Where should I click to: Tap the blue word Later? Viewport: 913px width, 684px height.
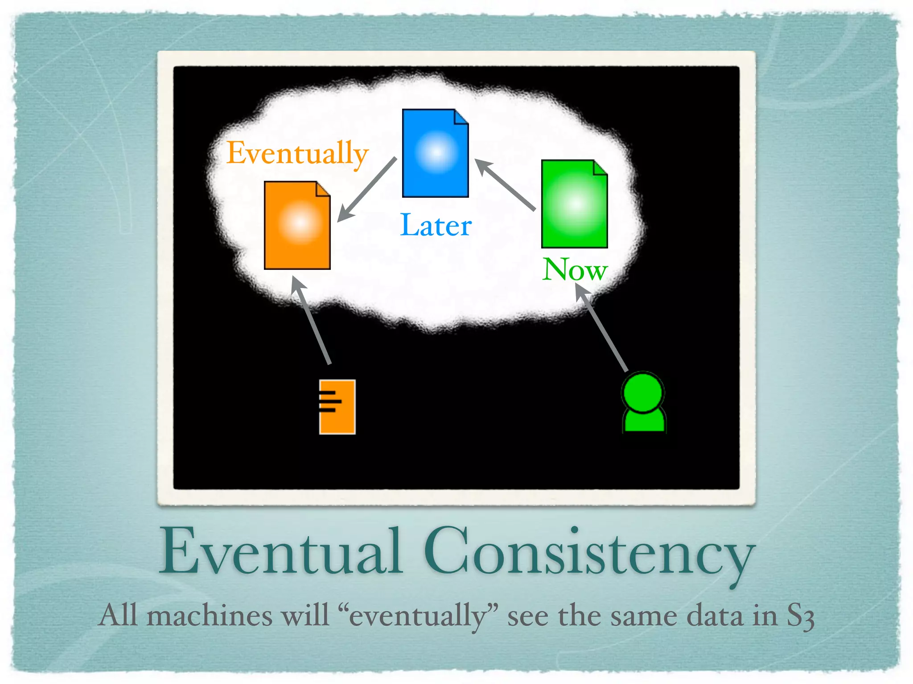pos(436,225)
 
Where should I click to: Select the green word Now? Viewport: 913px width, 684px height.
pos(575,269)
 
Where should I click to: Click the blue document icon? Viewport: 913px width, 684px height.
pos(435,153)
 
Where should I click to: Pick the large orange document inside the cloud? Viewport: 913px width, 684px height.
pos(297,225)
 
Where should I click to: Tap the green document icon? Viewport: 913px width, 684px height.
pos(574,204)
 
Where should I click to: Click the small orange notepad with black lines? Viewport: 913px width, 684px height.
pos(337,407)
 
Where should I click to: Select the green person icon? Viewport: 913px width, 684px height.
pos(643,403)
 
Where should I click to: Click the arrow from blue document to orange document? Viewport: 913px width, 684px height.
pos(366,190)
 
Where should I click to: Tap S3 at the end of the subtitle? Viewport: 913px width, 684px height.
pos(800,617)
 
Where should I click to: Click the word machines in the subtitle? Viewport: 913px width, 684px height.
pos(209,616)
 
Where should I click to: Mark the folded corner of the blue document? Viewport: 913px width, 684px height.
pos(461,117)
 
